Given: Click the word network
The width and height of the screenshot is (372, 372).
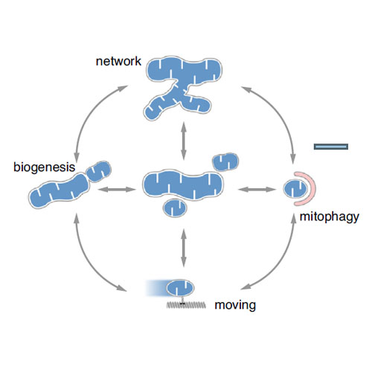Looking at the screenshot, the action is pyautogui.click(x=118, y=61).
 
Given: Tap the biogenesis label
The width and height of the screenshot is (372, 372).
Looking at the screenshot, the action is pyautogui.click(x=44, y=167).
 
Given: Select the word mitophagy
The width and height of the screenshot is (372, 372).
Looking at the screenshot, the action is pyautogui.click(x=330, y=217).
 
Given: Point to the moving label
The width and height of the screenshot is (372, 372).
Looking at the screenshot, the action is pyautogui.click(x=235, y=305).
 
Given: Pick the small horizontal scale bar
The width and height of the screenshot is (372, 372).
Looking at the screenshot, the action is pyautogui.click(x=331, y=147).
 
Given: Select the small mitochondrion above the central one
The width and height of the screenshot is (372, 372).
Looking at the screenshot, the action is pyautogui.click(x=225, y=162).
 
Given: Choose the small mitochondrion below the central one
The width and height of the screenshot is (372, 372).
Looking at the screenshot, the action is pyautogui.click(x=175, y=208).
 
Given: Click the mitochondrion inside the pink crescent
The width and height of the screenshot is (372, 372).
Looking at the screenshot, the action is pyautogui.click(x=295, y=189).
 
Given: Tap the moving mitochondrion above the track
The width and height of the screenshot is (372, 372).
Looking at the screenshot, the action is pyautogui.click(x=180, y=288).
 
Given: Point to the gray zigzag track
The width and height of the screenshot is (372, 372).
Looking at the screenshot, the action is pyautogui.click(x=186, y=305).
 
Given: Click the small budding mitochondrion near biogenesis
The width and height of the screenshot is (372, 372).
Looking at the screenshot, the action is pyautogui.click(x=98, y=171).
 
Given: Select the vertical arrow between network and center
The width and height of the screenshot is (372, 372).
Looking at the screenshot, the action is pyautogui.click(x=184, y=141).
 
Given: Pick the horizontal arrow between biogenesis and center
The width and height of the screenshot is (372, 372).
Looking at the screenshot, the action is pyautogui.click(x=117, y=190).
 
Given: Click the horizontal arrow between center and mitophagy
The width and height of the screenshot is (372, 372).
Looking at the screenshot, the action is pyautogui.click(x=257, y=190).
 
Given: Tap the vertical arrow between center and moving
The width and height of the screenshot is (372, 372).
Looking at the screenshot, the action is pyautogui.click(x=184, y=248).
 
